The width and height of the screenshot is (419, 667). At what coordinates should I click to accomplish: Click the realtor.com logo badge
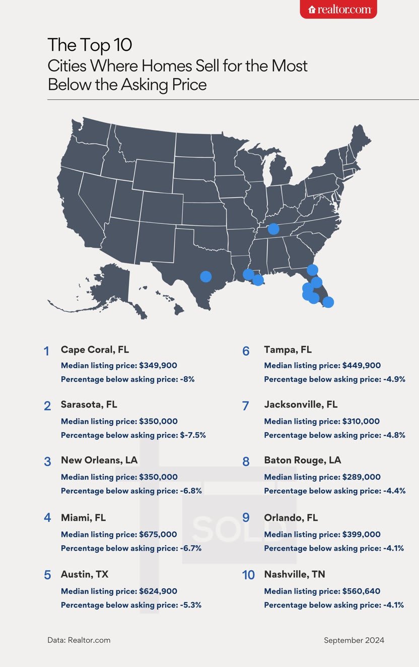(x=338, y=9)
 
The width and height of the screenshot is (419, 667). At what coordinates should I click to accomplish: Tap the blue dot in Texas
(x=205, y=276)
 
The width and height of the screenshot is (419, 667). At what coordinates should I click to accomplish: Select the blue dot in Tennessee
(x=273, y=229)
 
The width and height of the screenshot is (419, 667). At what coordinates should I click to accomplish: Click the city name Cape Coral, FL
(x=95, y=350)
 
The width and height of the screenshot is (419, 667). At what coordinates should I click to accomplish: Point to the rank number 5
(x=47, y=575)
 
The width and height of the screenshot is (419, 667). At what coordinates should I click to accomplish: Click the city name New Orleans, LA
(x=99, y=460)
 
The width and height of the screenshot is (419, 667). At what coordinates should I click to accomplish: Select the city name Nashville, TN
(x=301, y=574)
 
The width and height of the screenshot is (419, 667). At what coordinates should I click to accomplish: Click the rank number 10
(x=248, y=575)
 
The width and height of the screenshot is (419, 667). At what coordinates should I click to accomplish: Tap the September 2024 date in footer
(x=354, y=640)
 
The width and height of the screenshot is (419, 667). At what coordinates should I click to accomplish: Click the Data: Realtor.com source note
(x=79, y=640)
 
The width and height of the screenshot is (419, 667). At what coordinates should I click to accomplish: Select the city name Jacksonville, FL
(x=301, y=405)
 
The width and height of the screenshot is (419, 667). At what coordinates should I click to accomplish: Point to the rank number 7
(x=246, y=406)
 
